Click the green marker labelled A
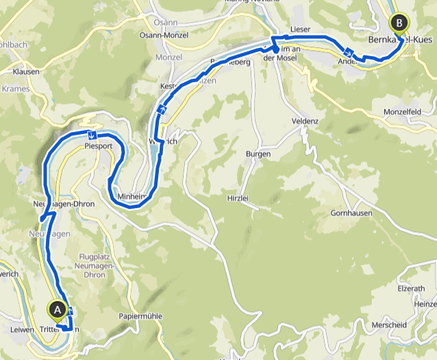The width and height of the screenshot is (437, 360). pos(57,310)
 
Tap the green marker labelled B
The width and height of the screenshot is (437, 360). pos(398,22)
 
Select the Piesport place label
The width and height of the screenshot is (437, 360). pos(97,146)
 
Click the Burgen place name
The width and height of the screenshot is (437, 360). pos(258,154)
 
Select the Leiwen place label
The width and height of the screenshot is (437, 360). pos(23,329)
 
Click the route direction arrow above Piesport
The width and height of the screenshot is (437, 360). pos(91,134)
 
